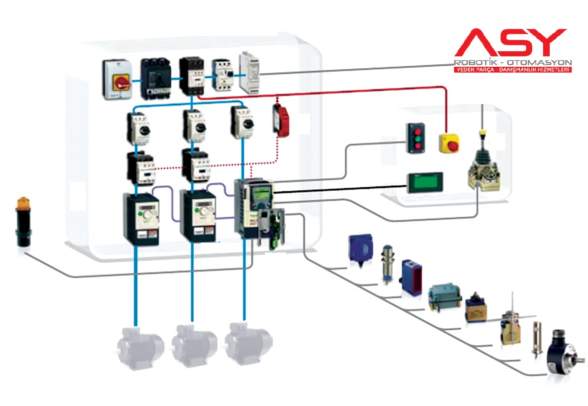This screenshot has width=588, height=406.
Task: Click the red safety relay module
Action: [x=281, y=119]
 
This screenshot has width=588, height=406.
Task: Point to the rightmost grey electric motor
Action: [x=247, y=344]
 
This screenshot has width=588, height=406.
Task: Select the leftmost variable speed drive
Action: [x=141, y=219]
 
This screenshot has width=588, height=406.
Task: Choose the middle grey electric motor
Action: [x=194, y=345]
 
